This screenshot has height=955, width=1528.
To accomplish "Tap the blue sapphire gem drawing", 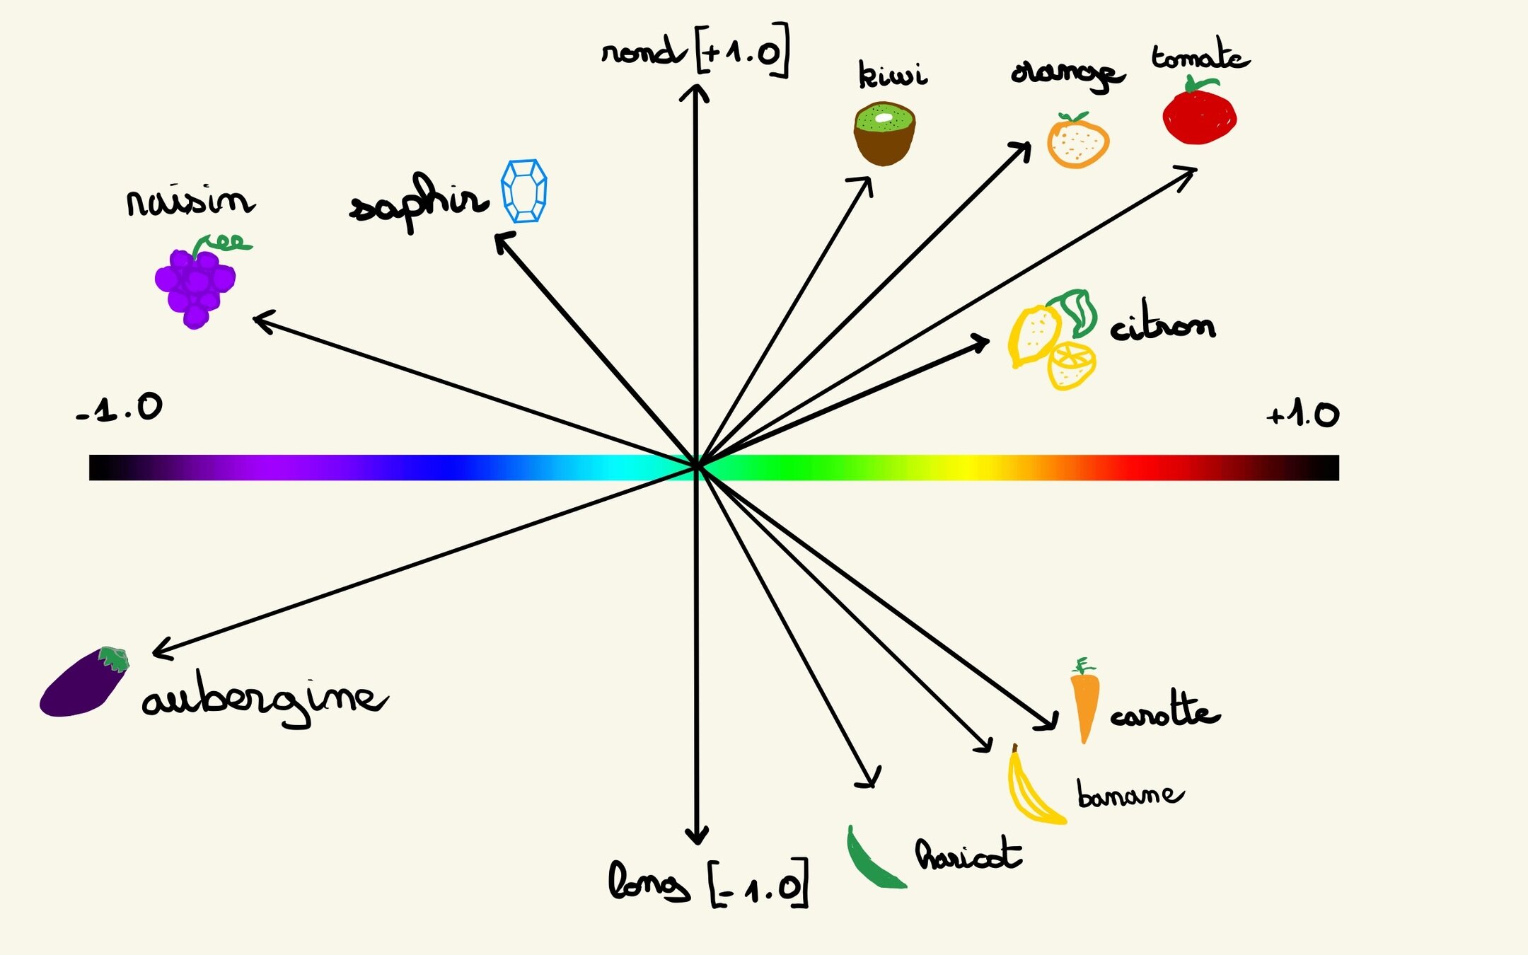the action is pyautogui.click(x=524, y=191).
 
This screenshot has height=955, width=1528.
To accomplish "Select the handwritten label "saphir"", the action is pyautogui.click(x=419, y=201).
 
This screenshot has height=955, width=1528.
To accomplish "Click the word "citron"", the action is pyautogui.click(x=1162, y=325).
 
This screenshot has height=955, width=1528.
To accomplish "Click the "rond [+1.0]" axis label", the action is pyautogui.click(x=695, y=51).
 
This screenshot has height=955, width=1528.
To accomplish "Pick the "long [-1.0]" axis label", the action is pyautogui.click(x=707, y=883).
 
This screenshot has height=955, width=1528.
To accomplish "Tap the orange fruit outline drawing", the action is pyautogui.click(x=1077, y=142).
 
